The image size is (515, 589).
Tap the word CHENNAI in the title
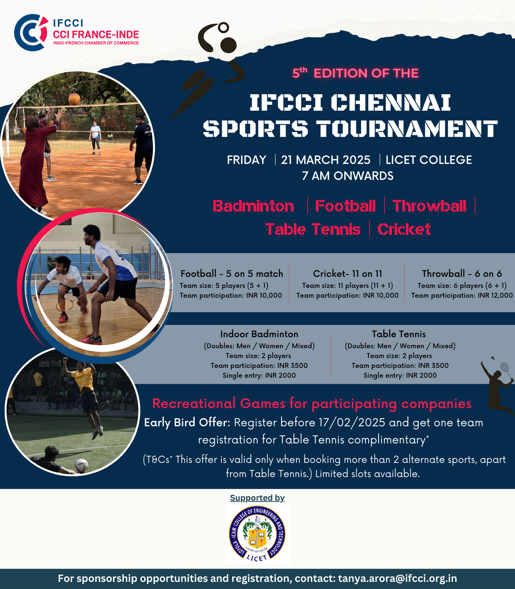pos(391,102)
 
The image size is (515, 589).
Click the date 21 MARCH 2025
pos(326,160)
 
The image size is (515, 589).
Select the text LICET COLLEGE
pos(428,160)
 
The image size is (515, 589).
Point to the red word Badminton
pos(253,206)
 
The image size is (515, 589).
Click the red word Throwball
pos(429,206)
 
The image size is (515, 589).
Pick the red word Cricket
pos(404,229)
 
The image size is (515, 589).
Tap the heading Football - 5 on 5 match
pos(232,274)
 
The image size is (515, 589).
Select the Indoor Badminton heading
pos(259,334)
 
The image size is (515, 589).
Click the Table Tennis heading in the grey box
pos(399,334)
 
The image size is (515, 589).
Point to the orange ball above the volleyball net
pos(74,99)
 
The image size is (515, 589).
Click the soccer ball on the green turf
pos(82,466)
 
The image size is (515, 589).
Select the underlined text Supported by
pos(257,498)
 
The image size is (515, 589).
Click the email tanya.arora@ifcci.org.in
pos(397,579)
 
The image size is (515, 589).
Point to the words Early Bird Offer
pos(187,423)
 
